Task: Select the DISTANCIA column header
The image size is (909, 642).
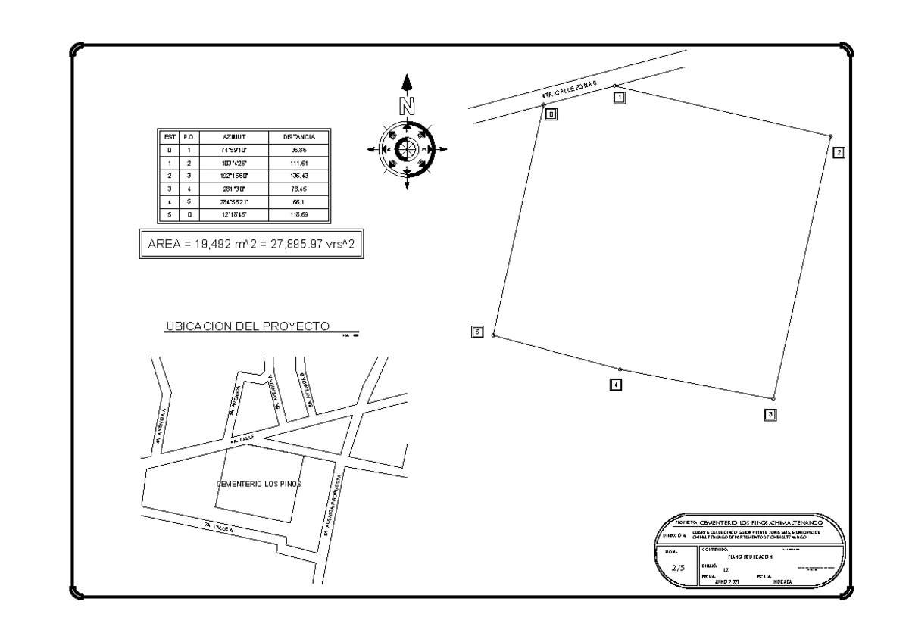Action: point(299,137)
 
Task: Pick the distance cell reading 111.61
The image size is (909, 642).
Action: point(299,164)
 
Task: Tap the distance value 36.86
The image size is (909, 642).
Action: point(299,151)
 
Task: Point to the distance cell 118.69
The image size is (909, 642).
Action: point(299,215)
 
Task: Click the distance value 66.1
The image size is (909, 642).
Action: point(299,202)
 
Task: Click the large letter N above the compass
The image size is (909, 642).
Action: point(407,107)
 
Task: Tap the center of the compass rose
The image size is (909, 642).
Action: point(407,148)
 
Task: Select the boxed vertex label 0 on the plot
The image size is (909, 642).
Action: point(551,114)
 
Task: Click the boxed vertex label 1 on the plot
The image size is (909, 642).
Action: point(619,97)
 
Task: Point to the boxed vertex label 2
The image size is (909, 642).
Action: point(839,152)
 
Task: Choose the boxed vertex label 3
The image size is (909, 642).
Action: point(770,414)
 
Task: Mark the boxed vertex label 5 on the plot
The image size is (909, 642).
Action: point(476,332)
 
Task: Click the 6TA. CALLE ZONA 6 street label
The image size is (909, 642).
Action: point(570,94)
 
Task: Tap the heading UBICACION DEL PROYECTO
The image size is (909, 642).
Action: point(246,326)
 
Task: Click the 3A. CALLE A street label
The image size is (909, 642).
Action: point(219,527)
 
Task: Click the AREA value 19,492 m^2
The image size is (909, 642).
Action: point(193,245)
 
